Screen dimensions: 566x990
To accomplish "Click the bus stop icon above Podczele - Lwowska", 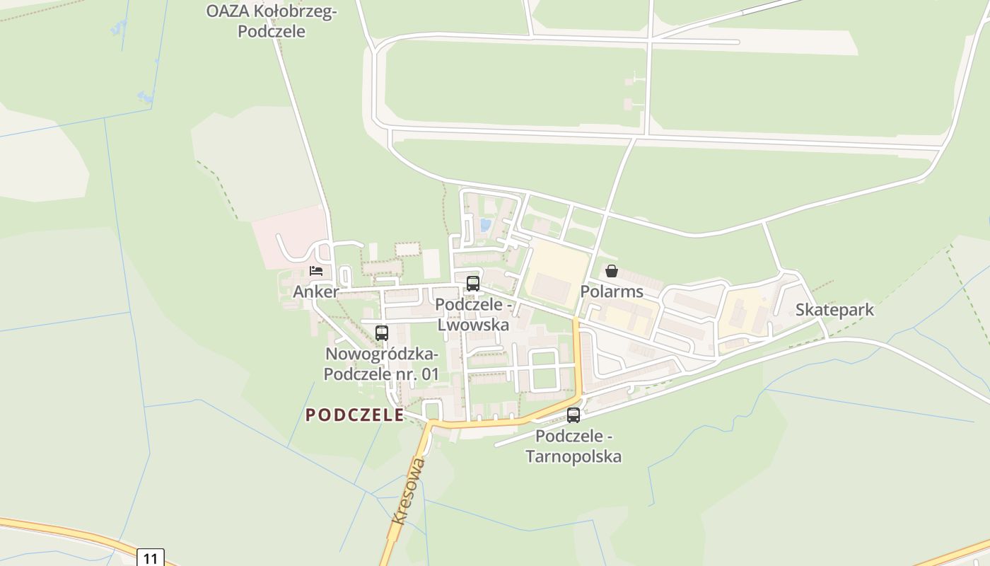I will tap(473, 284).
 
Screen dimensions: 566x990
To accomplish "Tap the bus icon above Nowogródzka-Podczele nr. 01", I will tap(382, 333).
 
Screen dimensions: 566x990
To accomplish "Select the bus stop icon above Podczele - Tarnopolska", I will tap(573, 415).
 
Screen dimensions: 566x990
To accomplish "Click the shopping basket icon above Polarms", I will tap(612, 271).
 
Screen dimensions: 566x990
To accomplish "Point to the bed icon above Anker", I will tap(316, 271).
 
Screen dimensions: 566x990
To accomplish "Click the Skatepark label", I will tap(834, 310).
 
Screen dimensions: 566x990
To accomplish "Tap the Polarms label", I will tap(612, 291).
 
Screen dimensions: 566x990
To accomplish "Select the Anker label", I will tap(316, 291).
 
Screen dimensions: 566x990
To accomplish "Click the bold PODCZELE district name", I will tap(354, 415).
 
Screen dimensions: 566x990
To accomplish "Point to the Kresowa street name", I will tap(409, 490).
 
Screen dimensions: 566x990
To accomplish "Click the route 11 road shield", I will tap(150, 558).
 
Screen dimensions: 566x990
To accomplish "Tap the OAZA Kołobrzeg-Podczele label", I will tap(272, 21).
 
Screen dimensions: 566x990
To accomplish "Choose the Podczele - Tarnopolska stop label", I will tap(573, 446).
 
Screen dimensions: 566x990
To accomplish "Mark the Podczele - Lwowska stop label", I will tap(473, 314).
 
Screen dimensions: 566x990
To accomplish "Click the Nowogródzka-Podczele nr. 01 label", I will tap(382, 364).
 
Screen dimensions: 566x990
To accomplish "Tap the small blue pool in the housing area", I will tap(485, 225).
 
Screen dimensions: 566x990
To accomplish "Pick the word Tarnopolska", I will tap(573, 456).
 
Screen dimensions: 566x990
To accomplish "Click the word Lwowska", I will tap(473, 325).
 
